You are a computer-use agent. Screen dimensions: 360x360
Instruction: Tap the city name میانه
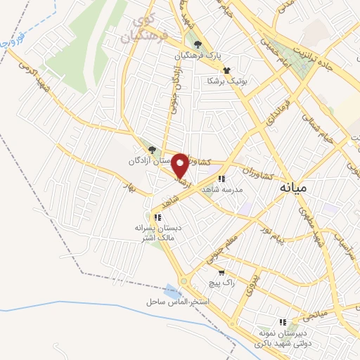click(x=294, y=188)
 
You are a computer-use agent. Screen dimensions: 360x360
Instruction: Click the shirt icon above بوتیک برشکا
click(x=226, y=70)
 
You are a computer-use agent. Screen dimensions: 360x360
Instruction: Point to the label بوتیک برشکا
click(x=226, y=81)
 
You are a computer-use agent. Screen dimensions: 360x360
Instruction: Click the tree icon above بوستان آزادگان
click(x=152, y=148)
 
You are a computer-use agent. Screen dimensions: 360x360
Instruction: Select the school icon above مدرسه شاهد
click(x=222, y=179)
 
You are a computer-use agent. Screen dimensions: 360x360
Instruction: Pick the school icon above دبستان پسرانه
click(x=158, y=217)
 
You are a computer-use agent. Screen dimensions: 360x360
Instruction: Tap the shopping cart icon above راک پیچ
click(x=222, y=272)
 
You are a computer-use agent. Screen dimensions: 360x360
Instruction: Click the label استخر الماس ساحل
click(x=179, y=301)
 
